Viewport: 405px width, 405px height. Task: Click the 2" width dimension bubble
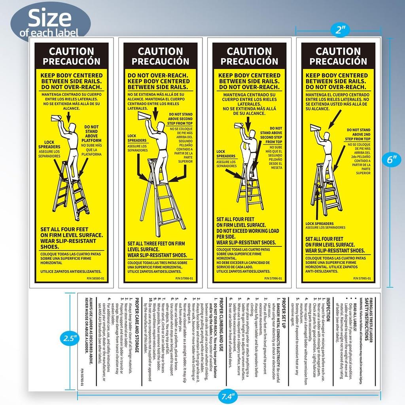[x=339, y=30]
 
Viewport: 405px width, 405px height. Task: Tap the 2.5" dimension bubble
[x=69, y=339]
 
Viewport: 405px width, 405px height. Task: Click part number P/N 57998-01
[x=185, y=278]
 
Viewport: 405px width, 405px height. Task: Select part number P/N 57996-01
[x=274, y=278]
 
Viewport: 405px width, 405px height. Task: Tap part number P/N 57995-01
[x=363, y=278]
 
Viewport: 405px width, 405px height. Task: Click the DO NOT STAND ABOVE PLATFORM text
[x=91, y=134]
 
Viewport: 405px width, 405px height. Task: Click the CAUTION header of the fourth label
[x=338, y=51]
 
